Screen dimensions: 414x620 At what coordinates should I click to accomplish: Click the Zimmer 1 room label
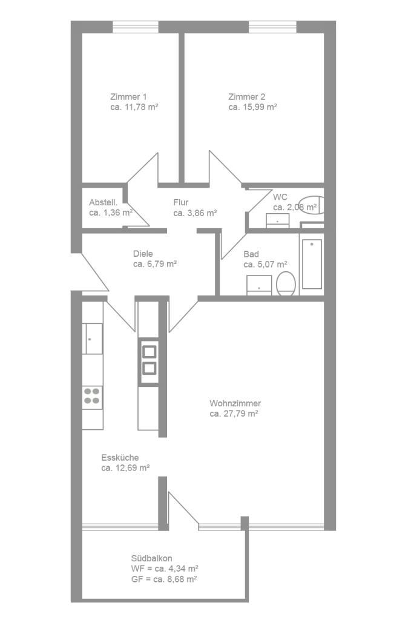(x=128, y=96)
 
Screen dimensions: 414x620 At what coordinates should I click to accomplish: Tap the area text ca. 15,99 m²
(x=252, y=107)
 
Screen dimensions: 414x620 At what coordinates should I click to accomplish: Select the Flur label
(x=181, y=202)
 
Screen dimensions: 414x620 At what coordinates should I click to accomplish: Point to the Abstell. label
(x=103, y=202)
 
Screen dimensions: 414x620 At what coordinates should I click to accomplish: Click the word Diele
(x=143, y=254)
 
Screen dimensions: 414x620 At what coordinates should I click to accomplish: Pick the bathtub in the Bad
(x=312, y=264)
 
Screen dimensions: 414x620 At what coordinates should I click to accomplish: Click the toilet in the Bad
(x=286, y=283)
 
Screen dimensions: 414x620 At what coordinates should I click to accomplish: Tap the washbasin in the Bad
(x=259, y=285)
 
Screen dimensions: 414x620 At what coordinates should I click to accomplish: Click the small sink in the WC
(x=278, y=220)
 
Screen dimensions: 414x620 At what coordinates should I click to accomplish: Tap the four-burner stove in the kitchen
(x=92, y=397)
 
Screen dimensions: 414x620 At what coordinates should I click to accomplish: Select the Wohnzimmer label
(x=235, y=403)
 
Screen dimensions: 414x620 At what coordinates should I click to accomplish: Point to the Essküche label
(x=120, y=458)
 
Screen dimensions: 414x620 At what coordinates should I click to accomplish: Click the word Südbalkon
(x=151, y=558)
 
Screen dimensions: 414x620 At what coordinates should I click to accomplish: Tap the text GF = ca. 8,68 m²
(x=164, y=579)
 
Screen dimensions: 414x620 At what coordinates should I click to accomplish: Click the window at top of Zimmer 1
(x=136, y=27)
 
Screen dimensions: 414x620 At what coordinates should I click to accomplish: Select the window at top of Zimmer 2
(x=272, y=27)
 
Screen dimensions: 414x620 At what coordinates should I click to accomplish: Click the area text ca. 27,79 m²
(x=234, y=414)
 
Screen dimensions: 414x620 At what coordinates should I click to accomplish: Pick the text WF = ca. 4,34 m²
(x=165, y=569)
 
